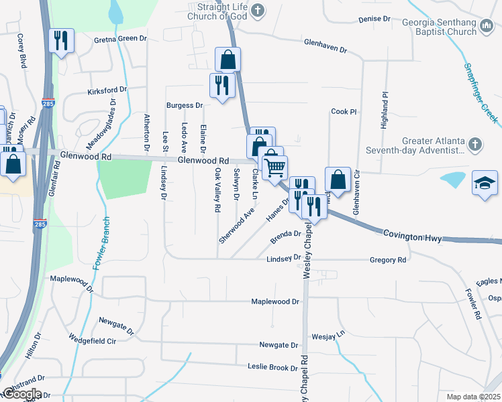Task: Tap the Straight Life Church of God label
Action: click(x=217, y=11)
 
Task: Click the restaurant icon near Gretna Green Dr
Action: click(x=61, y=41)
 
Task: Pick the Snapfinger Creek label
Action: click(x=481, y=93)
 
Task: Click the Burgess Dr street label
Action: click(x=185, y=105)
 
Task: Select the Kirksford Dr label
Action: click(x=107, y=90)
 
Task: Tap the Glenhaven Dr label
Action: click(x=325, y=50)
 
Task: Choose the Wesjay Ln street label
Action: click(x=328, y=333)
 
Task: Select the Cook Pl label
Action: click(x=344, y=112)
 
